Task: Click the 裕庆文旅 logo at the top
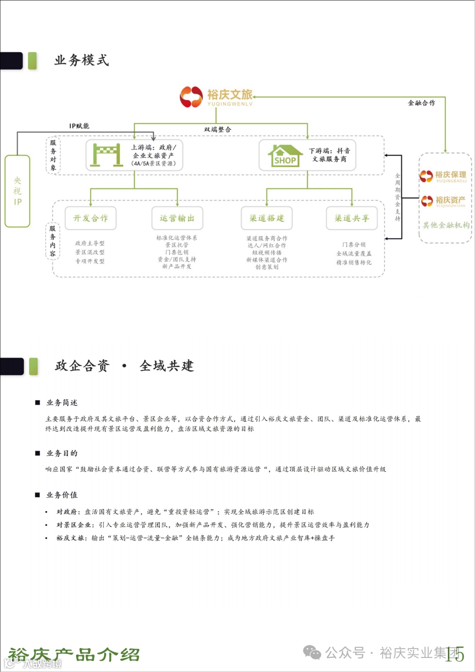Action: click(x=216, y=97)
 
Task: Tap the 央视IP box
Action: click(x=17, y=191)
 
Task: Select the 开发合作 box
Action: click(x=91, y=218)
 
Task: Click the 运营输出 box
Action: click(x=177, y=218)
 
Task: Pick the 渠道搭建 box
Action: click(x=267, y=218)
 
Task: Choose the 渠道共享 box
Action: click(x=352, y=218)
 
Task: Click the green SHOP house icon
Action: click(x=285, y=155)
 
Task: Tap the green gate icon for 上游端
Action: click(x=106, y=154)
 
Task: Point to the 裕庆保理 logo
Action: click(x=443, y=176)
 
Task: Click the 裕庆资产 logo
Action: click(x=443, y=201)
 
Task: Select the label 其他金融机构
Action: click(x=446, y=225)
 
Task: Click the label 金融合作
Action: click(x=421, y=103)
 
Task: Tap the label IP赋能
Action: click(x=79, y=126)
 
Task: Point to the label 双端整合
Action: click(x=217, y=129)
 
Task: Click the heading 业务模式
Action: click(x=82, y=60)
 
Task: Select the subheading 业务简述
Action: click(x=62, y=403)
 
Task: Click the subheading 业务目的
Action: click(x=62, y=453)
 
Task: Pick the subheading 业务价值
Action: click(x=62, y=495)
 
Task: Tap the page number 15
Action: click(x=455, y=654)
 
